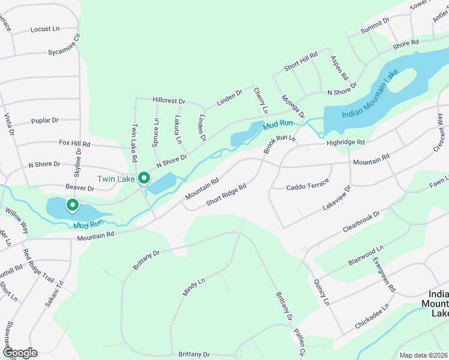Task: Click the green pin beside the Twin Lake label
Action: click(144, 178)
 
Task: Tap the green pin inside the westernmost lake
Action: click(72, 205)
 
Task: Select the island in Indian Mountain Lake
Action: click(405, 79)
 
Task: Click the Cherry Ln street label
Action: click(261, 101)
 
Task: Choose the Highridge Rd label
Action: click(345, 142)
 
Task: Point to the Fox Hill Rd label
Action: click(74, 144)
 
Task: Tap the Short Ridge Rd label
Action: click(226, 196)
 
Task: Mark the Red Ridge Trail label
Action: click(37, 266)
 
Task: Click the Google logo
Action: click(19, 353)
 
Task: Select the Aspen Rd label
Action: click(339, 68)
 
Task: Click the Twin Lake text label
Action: click(116, 179)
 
